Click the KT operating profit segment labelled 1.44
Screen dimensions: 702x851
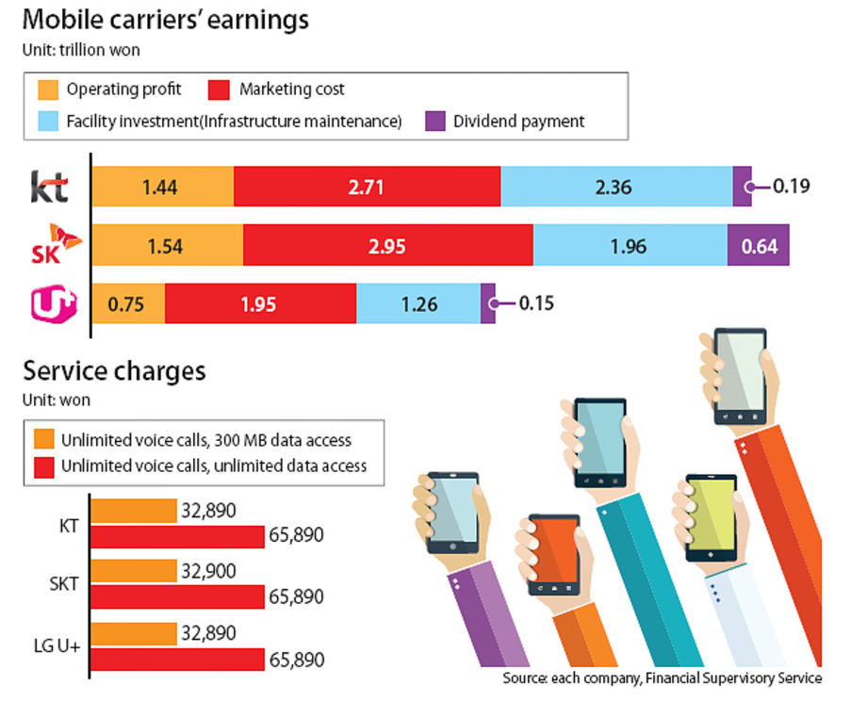point(162,187)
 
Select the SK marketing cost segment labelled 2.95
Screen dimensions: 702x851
point(387,246)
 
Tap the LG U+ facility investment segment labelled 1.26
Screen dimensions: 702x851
point(417,303)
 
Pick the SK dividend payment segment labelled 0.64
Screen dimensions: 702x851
point(758,246)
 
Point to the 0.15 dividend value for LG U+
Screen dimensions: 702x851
point(535,303)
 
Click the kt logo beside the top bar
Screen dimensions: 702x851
point(49,187)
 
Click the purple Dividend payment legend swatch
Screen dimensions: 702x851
point(434,121)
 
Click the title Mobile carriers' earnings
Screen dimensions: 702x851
point(166,19)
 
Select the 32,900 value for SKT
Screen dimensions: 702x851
point(210,571)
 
